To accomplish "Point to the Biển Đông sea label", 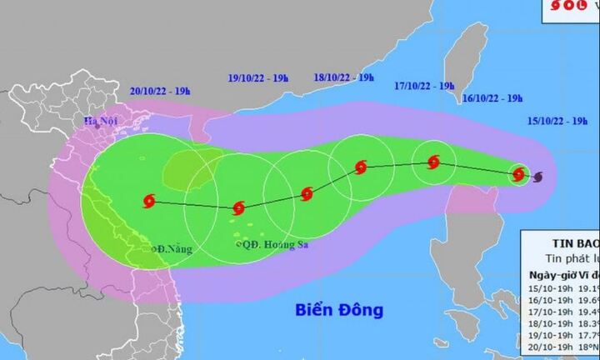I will [339, 310].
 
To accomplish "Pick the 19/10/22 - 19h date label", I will [258, 78].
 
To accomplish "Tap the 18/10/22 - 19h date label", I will [343, 77].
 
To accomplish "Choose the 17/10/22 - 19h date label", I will [425, 85].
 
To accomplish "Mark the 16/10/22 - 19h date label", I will [492, 98].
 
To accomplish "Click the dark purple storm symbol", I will [537, 177].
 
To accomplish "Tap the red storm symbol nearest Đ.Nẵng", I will [150, 201].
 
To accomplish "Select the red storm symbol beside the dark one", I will [519, 174].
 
